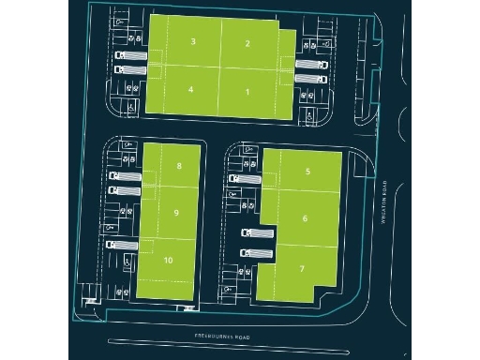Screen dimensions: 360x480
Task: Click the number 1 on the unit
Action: [247, 91]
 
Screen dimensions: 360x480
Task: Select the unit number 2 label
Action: [247, 43]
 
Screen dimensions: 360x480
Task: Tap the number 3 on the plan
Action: [192, 42]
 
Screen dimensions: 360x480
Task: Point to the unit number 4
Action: [191, 89]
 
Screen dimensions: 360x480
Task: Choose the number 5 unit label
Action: [307, 172]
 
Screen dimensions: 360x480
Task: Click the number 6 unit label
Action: [306, 218]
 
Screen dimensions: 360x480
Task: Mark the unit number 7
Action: [302, 268]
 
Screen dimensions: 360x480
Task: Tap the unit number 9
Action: [176, 213]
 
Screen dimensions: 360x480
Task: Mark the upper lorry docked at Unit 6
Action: [257, 232]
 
